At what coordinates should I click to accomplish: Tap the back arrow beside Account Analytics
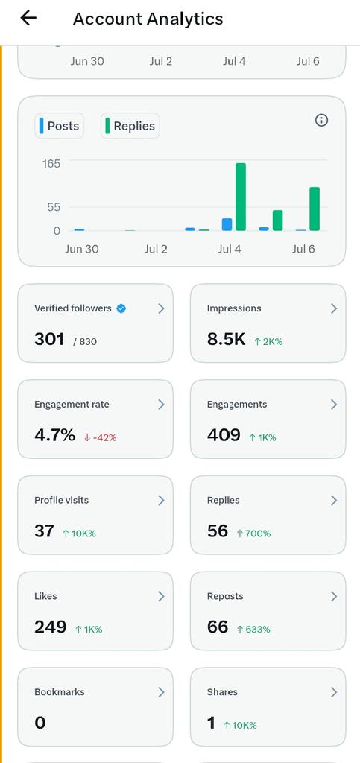coord(28,18)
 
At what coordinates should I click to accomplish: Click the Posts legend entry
coord(60,126)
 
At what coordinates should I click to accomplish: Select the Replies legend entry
coord(130,126)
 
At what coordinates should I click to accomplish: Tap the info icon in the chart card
coord(321,120)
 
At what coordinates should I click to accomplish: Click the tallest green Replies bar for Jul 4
coord(241,197)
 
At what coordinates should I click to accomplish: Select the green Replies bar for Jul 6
coord(315,209)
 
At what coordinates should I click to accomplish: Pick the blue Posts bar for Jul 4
coord(227,224)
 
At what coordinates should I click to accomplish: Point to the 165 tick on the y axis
coord(51,163)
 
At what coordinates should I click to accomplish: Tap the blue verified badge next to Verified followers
coord(121,308)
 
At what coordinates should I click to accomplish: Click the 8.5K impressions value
coord(227,339)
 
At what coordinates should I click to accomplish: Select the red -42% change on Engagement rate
coord(100,437)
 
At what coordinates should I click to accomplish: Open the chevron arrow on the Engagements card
coord(334,405)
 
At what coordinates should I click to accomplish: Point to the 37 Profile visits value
coord(44,531)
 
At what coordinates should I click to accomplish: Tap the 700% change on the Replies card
coord(253,534)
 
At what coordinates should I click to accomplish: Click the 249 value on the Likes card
coord(50,627)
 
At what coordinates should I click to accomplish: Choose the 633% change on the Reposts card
coord(253,629)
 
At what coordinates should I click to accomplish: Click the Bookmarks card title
coord(60,692)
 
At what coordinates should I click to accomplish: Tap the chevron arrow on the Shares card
coord(334,692)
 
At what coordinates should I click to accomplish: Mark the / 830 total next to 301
coord(85,341)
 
